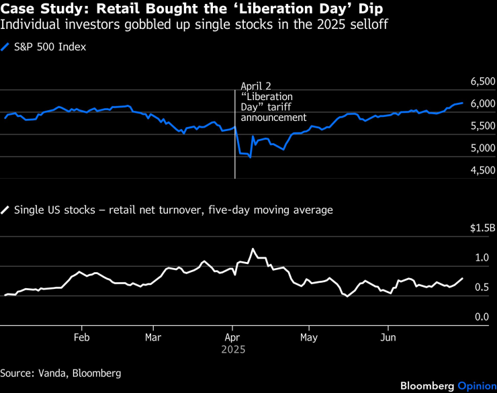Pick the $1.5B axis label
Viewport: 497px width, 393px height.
(482, 228)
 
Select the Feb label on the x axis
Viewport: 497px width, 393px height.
(82, 337)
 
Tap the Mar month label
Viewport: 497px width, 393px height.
(153, 337)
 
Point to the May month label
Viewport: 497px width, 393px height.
(308, 337)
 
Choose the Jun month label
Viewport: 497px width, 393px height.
(388, 337)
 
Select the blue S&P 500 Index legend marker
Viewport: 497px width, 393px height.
(5, 47)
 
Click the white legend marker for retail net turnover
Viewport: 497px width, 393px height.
(5, 210)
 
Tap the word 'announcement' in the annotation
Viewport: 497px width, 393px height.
(273, 117)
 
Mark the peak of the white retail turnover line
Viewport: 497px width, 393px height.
(253, 249)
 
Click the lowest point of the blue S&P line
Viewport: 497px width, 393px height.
(250, 157)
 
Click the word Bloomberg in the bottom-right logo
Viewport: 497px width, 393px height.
(427, 386)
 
